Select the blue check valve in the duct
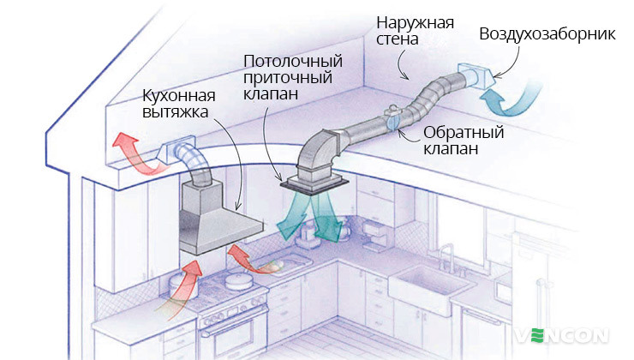click(393, 121)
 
